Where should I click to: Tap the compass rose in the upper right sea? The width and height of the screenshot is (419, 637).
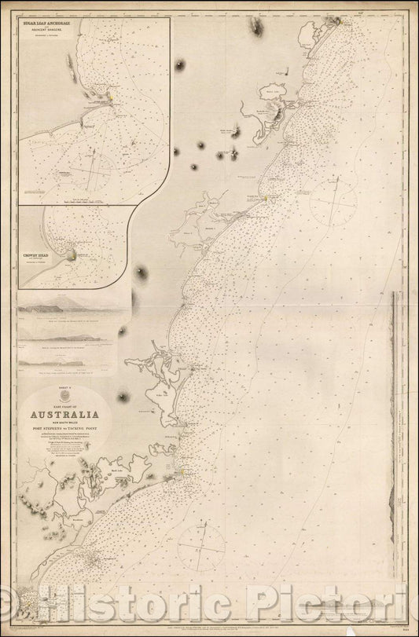coord(334,206)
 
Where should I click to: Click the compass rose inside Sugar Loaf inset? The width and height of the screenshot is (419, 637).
coord(94,166)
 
